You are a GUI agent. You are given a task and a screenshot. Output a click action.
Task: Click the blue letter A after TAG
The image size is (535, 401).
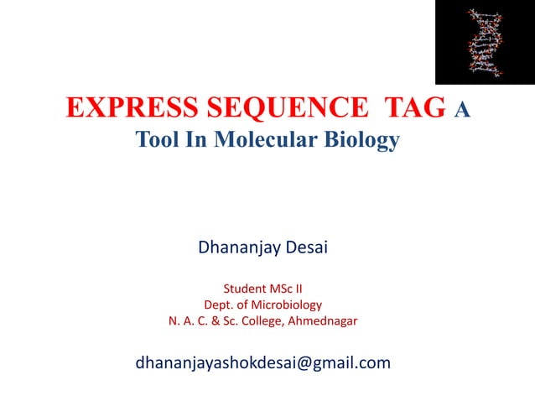(x=461, y=110)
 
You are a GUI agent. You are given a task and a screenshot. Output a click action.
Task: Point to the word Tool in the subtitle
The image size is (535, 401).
(x=157, y=140)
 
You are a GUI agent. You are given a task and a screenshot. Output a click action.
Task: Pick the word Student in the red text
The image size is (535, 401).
(x=244, y=289)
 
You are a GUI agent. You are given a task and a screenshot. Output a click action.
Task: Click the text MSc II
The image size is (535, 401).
(x=289, y=289)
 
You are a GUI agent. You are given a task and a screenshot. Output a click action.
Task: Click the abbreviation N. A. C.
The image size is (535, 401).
(x=187, y=320)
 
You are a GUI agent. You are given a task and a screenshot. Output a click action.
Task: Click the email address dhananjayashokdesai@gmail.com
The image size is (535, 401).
(x=262, y=363)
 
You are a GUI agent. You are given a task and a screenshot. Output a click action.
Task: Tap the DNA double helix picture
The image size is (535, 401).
(x=484, y=42)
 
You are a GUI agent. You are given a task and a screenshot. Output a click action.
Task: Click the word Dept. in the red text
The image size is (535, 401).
(x=220, y=305)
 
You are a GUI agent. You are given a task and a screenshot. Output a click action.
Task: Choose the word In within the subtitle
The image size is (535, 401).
(x=195, y=140)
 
